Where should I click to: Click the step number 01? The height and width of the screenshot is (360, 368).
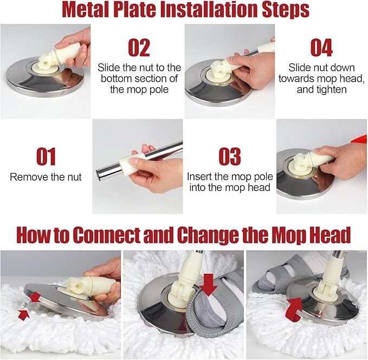tap(46, 157)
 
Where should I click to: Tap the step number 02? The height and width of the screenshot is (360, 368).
tap(139, 48)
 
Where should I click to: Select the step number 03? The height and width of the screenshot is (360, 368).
tap(230, 157)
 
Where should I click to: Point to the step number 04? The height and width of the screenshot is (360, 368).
tap(321, 48)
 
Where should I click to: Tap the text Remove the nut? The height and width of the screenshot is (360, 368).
tap(46, 177)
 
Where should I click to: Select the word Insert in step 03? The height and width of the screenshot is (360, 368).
tap(199, 177)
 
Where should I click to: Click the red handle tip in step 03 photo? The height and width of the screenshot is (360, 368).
tap(359, 141)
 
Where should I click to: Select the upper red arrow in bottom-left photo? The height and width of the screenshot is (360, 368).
tap(35, 297)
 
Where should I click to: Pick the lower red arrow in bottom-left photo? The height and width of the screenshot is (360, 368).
tap(24, 314)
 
